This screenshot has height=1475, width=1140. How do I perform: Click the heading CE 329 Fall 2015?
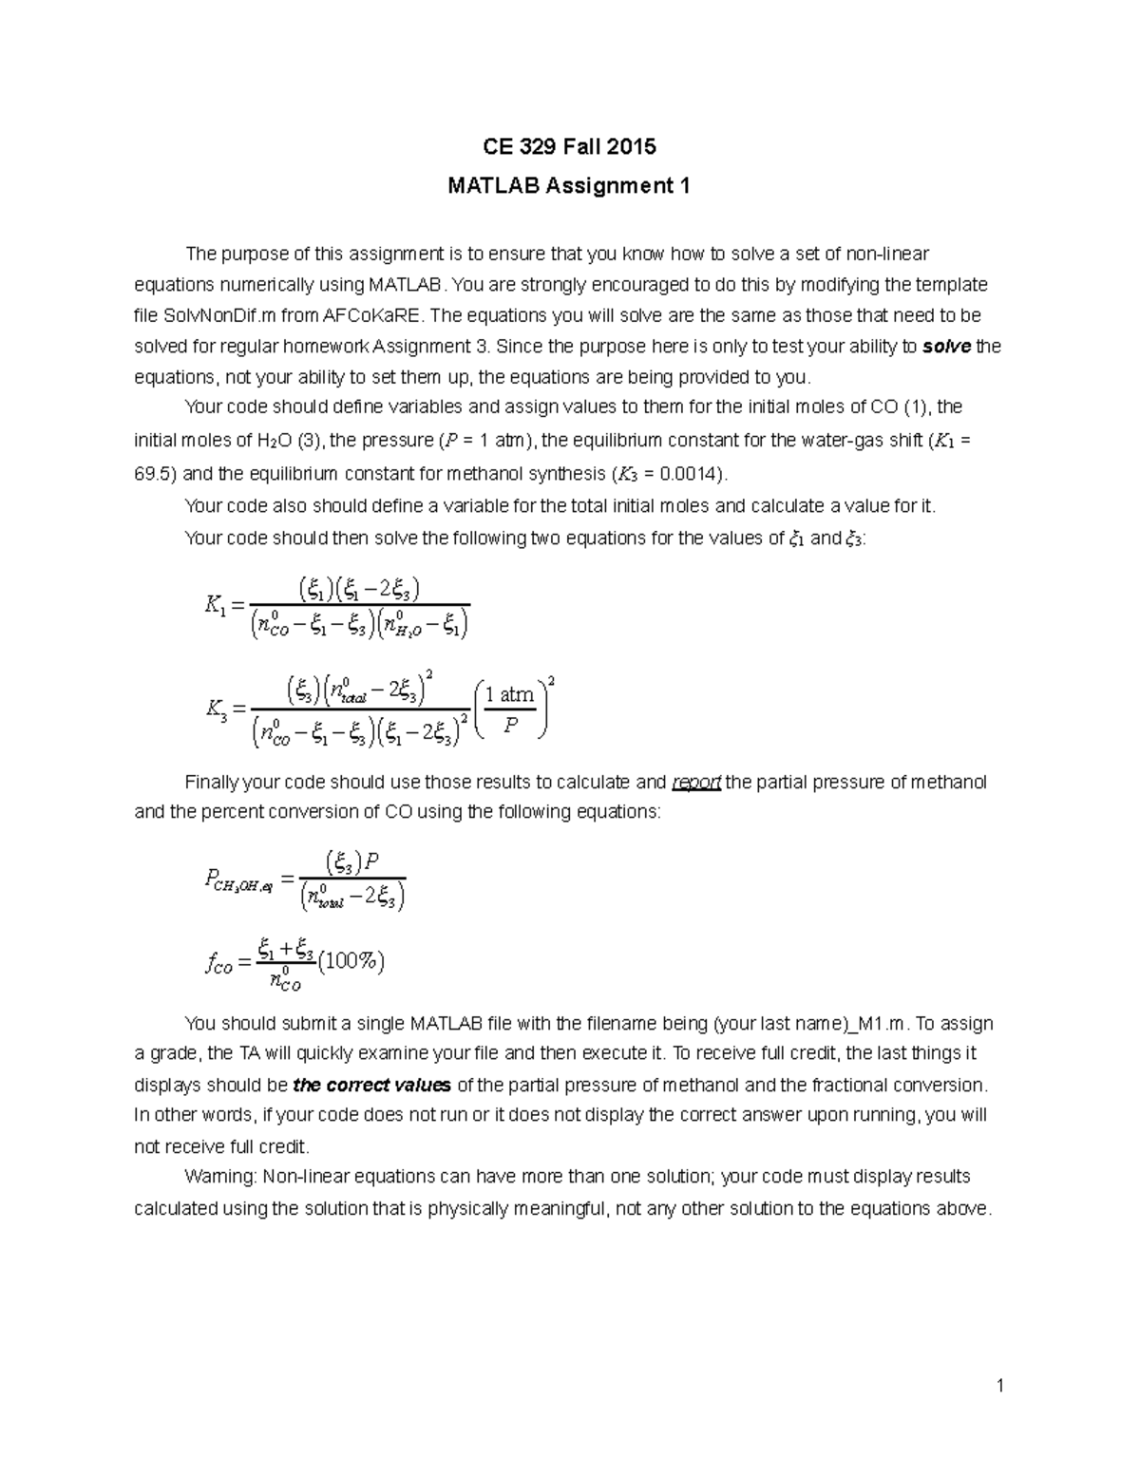click(568, 146)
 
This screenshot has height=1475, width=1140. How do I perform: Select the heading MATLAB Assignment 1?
click(568, 186)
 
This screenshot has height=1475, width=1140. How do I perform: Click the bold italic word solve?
click(945, 347)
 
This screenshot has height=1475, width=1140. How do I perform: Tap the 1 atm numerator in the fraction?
click(509, 694)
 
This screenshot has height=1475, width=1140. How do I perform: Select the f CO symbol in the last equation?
click(218, 965)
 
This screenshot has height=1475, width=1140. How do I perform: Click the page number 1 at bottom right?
click(1000, 1386)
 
